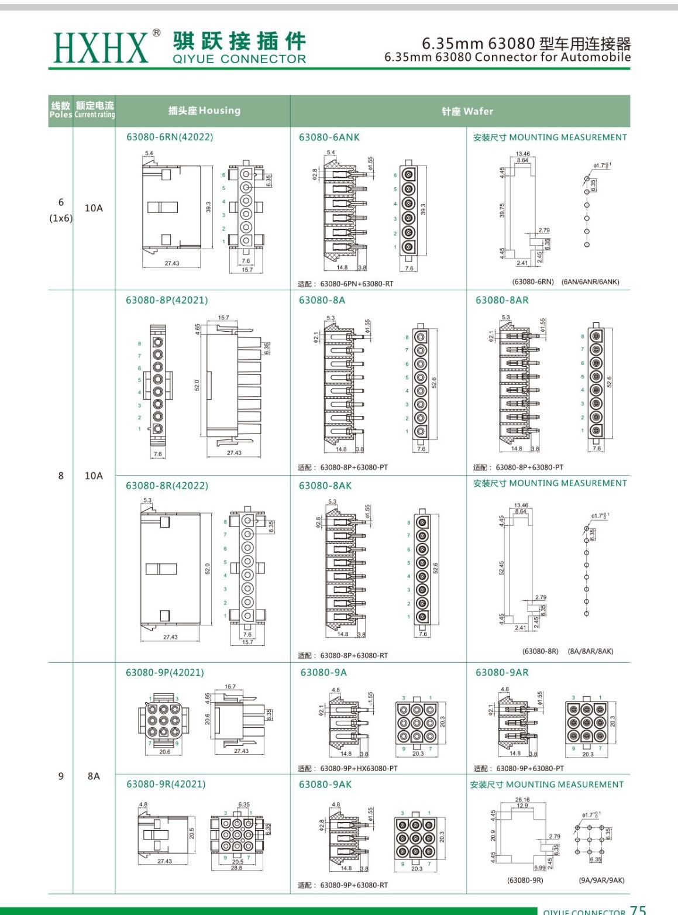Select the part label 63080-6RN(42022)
(170, 137)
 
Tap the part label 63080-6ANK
(329, 137)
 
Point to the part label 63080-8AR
(501, 300)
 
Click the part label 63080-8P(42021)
(167, 300)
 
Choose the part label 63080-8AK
(325, 486)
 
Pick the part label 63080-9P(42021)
(165, 673)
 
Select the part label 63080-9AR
(501, 673)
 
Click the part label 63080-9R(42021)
(166, 784)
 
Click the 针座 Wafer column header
(467, 111)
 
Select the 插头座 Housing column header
(204, 111)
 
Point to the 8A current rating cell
(94, 776)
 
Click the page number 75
(638, 910)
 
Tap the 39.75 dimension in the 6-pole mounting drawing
(502, 211)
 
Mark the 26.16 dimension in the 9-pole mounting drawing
(522, 800)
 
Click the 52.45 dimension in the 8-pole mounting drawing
(501, 568)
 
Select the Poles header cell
(61, 111)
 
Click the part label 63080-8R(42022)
(167, 486)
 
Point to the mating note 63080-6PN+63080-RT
(356, 284)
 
